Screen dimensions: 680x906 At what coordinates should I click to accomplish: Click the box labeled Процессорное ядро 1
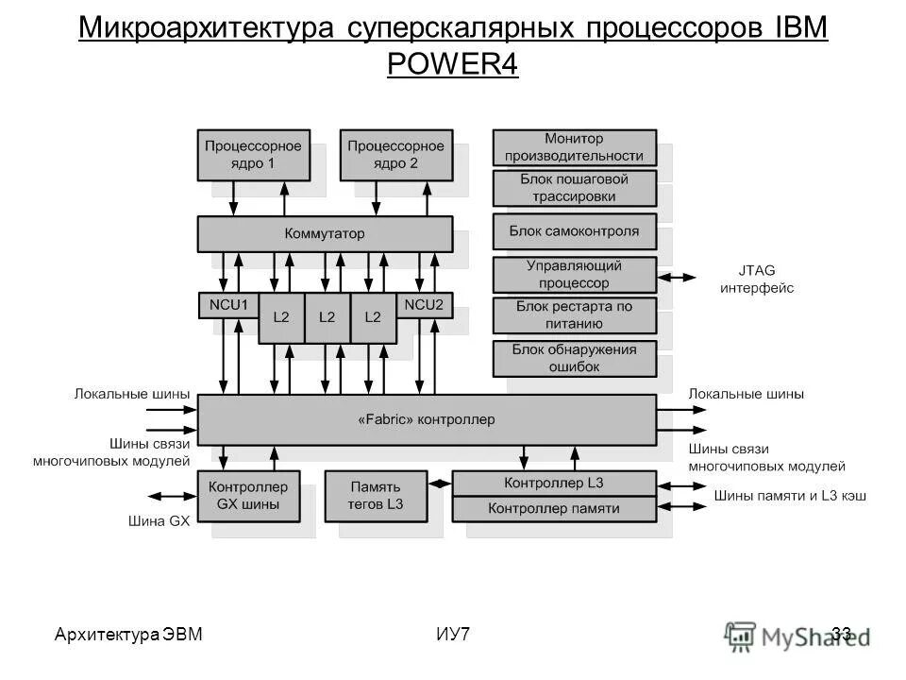[x=253, y=155]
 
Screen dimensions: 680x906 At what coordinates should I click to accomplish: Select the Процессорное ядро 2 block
[x=395, y=155]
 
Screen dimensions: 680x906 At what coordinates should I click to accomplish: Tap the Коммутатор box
[x=325, y=233]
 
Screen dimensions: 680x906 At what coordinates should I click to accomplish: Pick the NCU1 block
[x=228, y=305]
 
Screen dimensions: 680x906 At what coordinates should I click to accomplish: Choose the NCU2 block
[x=424, y=305]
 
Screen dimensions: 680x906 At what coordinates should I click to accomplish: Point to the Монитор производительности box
[x=574, y=147]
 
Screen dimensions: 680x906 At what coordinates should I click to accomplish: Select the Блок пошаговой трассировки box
[x=574, y=188]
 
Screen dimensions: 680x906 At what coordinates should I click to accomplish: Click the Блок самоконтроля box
[x=574, y=230]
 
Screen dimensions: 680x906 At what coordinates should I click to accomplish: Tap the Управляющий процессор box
[x=574, y=274]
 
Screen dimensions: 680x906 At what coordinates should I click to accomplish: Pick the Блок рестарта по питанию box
[x=574, y=315]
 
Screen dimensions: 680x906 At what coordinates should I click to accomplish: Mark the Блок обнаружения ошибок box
[x=574, y=358]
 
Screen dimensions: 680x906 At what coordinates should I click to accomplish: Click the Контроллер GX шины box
[x=248, y=495]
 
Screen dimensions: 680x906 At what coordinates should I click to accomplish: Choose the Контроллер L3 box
[x=554, y=483]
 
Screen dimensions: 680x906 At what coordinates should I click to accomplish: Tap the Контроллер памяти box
[x=554, y=509]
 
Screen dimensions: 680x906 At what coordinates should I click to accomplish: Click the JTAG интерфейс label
[x=757, y=279]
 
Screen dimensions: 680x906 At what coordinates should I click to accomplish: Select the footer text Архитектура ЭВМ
[x=128, y=634]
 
